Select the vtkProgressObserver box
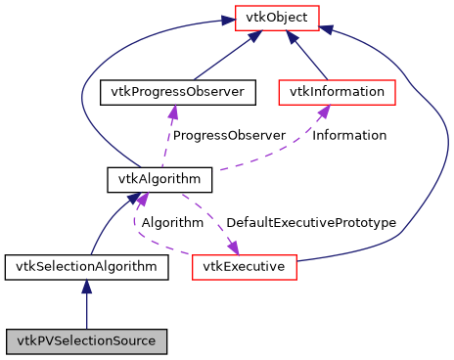177,93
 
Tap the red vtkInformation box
338,93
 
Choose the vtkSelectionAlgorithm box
86,266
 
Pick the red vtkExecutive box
244,266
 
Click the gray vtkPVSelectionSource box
86,341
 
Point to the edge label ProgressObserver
229,135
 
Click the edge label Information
349,135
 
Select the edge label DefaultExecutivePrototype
310,223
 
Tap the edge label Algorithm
172,223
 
